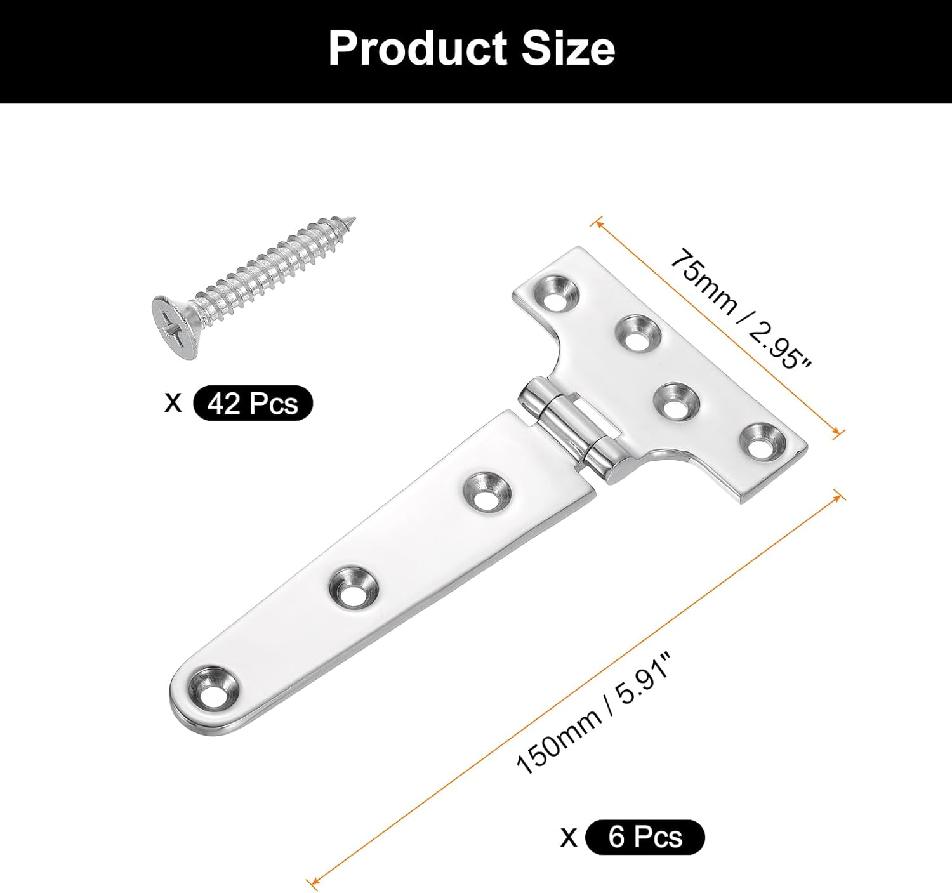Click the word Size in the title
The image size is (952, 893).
pos(568,49)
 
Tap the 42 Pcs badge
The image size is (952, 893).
pos(253,403)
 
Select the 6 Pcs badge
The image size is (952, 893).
pos(644,837)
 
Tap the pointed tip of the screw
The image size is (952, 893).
pos(352,222)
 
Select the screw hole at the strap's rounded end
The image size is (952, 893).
pos(211,687)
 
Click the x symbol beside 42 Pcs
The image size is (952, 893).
pos(173,402)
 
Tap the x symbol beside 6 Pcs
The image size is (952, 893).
pos(569,837)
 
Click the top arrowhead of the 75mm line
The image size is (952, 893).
pos(595,223)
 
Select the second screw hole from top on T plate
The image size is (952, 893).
pos(638,333)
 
